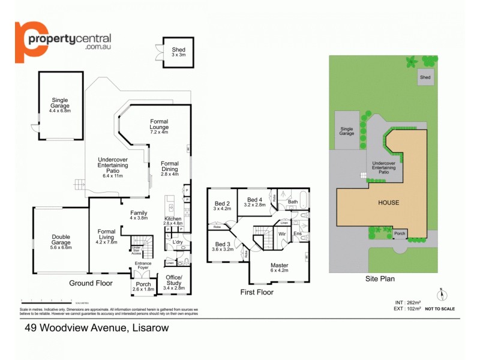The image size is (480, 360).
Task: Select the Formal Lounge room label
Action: click(x=159, y=124)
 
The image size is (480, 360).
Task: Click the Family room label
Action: click(x=139, y=215)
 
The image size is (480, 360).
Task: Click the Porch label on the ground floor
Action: click(x=144, y=286)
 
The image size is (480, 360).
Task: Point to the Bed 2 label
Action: click(x=223, y=205)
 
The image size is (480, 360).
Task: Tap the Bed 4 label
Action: click(x=254, y=202)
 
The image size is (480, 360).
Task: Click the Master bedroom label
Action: click(x=280, y=268)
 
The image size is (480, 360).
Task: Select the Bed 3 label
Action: click(x=223, y=247)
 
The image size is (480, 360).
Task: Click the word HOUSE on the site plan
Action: click(x=388, y=203)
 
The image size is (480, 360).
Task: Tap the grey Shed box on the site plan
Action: click(x=425, y=77)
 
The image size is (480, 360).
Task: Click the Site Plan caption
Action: click(x=380, y=278)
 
